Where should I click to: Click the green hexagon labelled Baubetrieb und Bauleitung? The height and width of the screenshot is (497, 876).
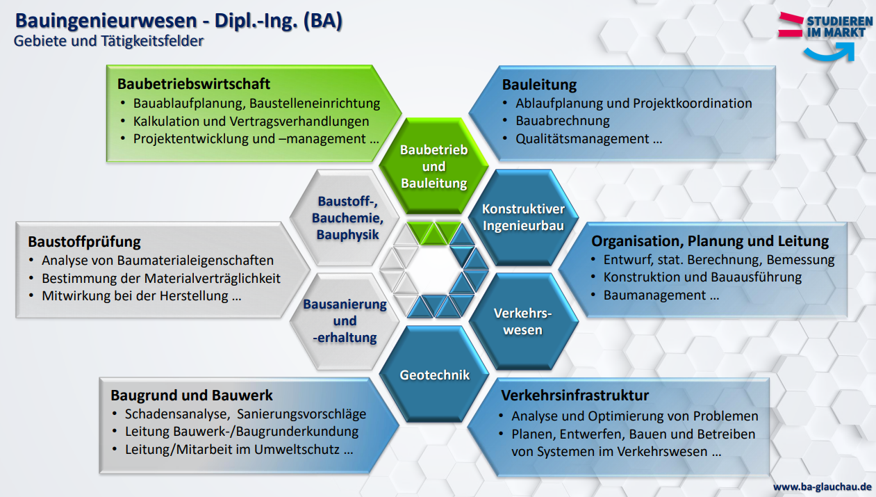pyautogui.click(x=433, y=166)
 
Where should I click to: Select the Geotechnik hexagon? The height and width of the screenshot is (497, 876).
pyautogui.click(x=434, y=374)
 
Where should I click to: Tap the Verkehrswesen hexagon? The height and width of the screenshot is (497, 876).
pyautogui.click(x=523, y=321)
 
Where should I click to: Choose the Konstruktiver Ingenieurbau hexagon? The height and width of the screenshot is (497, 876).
pyautogui.click(x=523, y=218)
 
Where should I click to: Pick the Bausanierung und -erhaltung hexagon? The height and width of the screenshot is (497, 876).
pyautogui.click(x=345, y=321)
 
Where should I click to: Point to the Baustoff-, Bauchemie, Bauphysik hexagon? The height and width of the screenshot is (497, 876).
pyautogui.click(x=345, y=218)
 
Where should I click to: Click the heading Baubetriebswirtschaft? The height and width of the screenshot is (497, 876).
pyautogui.click(x=194, y=83)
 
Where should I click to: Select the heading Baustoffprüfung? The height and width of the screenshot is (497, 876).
pyautogui.click(x=84, y=241)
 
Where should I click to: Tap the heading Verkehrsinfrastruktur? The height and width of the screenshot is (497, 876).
pyautogui.click(x=575, y=396)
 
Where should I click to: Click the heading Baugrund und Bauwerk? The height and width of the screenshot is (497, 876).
pyautogui.click(x=192, y=396)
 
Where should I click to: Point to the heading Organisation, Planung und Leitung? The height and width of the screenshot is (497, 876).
pyautogui.click(x=710, y=241)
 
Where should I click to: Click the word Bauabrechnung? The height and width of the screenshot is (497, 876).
pyautogui.click(x=563, y=121)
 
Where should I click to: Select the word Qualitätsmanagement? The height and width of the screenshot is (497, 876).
pyautogui.click(x=582, y=139)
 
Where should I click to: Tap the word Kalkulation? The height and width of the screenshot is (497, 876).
pyautogui.click(x=166, y=122)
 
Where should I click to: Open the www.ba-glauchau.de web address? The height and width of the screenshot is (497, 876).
pyautogui.click(x=823, y=487)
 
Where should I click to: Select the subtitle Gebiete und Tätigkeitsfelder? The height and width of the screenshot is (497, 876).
pyautogui.click(x=108, y=41)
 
